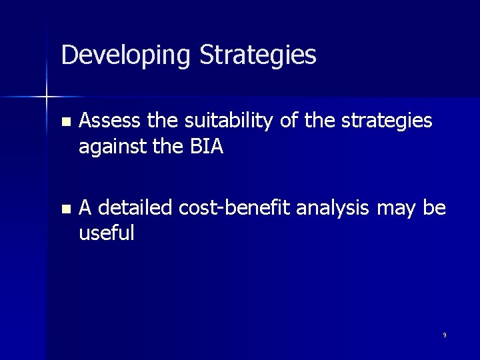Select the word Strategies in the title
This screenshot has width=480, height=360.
pos(258,55)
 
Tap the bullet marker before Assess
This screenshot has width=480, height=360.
pos(64,123)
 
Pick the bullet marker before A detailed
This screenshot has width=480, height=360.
pos(64,209)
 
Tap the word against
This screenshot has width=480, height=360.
pos(111,147)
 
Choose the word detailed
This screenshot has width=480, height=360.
pos(137,208)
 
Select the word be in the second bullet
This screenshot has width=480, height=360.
pos(435,208)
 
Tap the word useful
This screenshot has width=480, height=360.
pos(107,233)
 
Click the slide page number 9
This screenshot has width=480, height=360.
pos(445,335)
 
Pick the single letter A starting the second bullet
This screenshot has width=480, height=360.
pos(85,208)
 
